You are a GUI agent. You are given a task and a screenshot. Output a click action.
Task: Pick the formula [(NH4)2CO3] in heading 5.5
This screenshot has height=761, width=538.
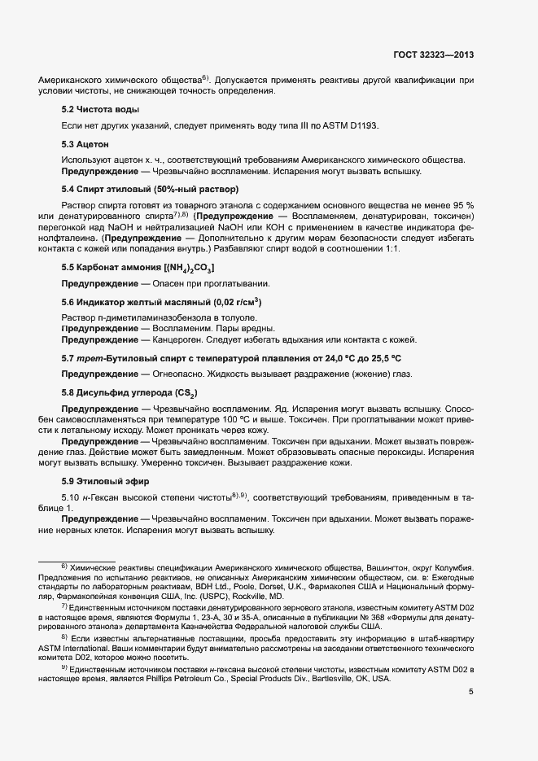[189, 267]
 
